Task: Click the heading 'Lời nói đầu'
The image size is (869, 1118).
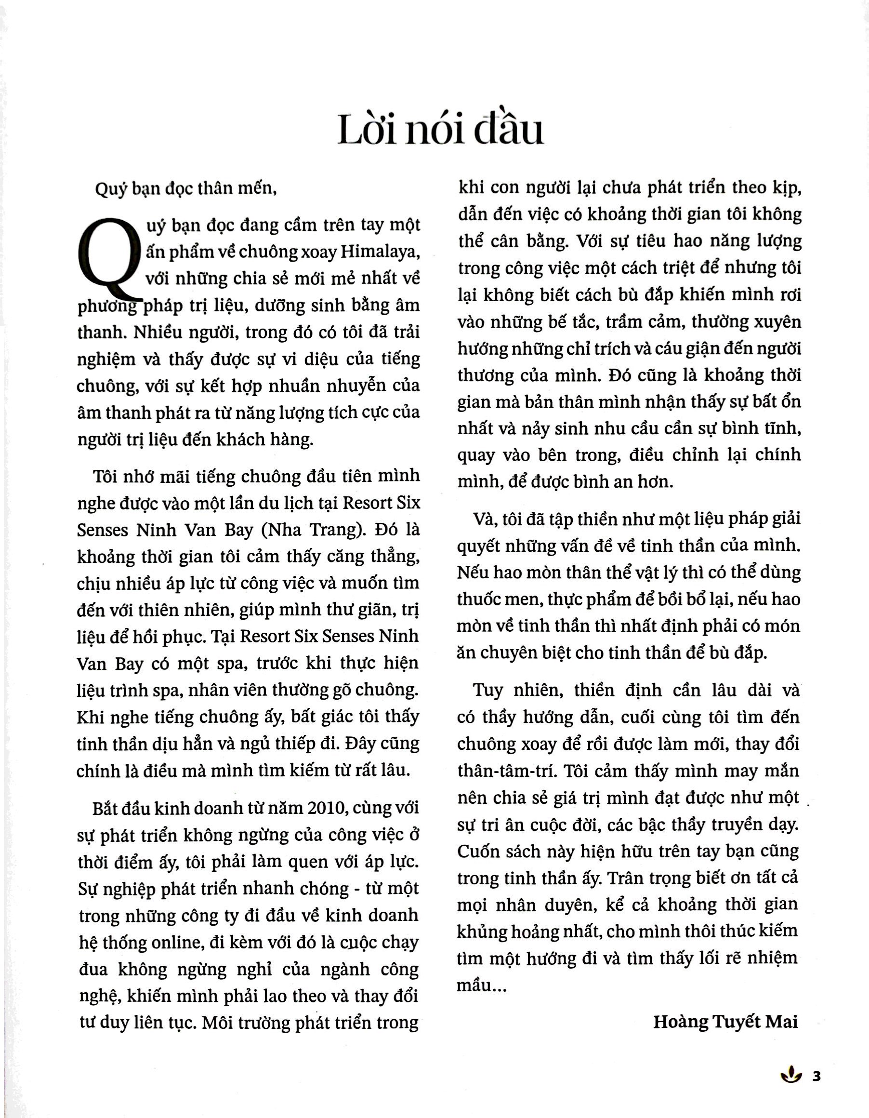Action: click(440, 130)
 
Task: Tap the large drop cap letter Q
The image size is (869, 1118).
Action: click(109, 258)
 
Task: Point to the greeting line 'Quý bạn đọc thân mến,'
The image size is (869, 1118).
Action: click(186, 189)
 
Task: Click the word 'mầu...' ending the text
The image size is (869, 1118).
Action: click(481, 985)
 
